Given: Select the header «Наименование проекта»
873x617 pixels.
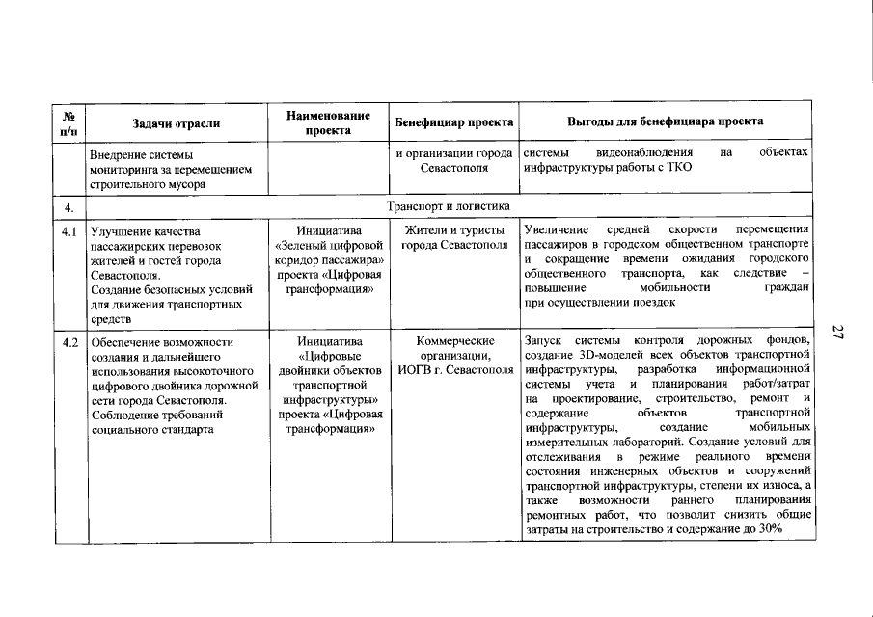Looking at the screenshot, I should click(x=328, y=121).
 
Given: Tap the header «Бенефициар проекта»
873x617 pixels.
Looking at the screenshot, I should click(x=453, y=122).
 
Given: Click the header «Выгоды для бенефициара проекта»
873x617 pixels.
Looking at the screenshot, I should click(x=666, y=121).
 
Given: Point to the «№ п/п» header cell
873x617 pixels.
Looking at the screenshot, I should click(x=69, y=121).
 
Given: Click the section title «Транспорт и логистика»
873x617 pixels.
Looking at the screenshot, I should click(x=442, y=206).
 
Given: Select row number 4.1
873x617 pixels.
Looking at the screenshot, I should click(x=69, y=231).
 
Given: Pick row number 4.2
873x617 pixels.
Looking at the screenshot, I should click(x=69, y=342).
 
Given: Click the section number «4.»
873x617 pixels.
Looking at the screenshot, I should click(x=68, y=206).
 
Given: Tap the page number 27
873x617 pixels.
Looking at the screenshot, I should click(x=838, y=333).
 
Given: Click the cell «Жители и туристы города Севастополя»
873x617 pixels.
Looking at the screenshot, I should click(x=453, y=238).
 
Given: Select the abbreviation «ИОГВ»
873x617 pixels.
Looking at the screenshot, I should click(x=416, y=370).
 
